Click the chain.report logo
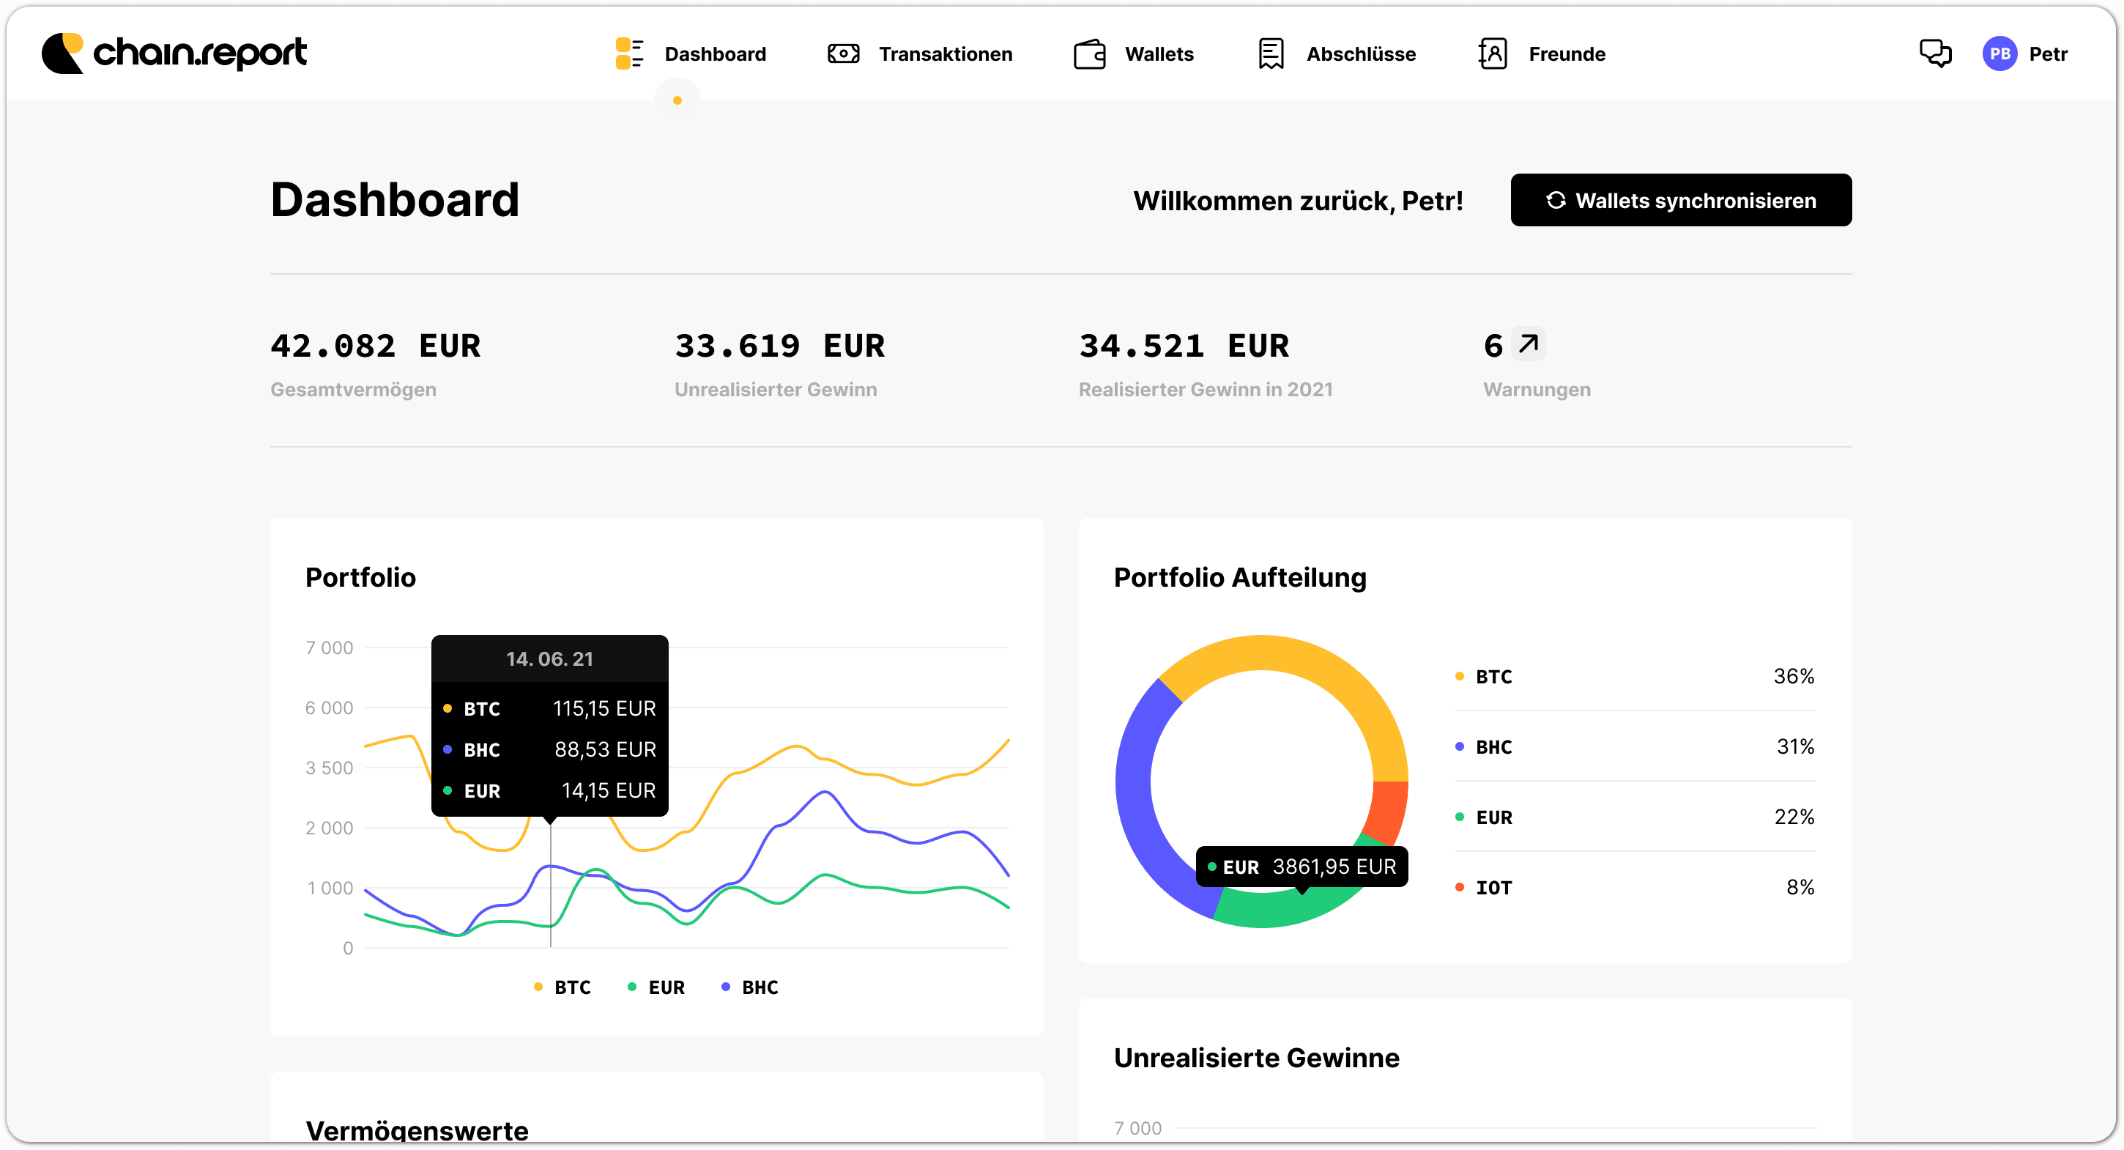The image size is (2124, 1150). pyautogui.click(x=174, y=53)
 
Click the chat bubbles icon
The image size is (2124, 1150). pyautogui.click(x=1934, y=54)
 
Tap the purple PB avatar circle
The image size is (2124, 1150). pyautogui.click(x=1999, y=54)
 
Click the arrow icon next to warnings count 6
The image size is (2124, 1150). pyautogui.click(x=1529, y=344)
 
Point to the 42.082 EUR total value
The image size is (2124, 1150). pyautogui.click(x=375, y=346)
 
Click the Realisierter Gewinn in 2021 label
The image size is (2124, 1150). pyautogui.click(x=1206, y=390)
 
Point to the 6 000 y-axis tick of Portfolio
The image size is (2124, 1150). pyautogui.click(x=329, y=708)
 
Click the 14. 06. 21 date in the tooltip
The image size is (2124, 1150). pyautogui.click(x=550, y=659)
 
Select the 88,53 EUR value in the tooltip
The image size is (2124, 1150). pyautogui.click(x=605, y=750)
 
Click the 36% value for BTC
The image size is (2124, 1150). pyautogui.click(x=1794, y=677)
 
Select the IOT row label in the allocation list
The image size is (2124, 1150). pyautogui.click(x=1493, y=888)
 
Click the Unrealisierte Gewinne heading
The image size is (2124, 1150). pyautogui.click(x=1257, y=1058)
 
